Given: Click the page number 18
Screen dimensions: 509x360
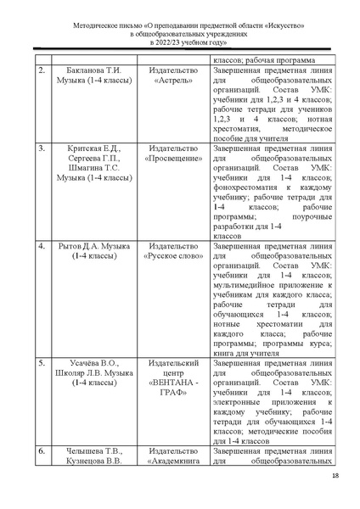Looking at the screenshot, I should click(x=335, y=498).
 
